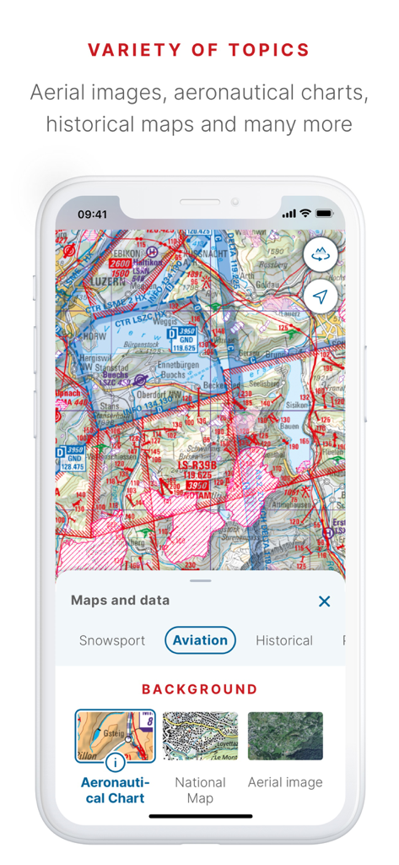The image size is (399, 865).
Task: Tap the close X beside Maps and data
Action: [324, 601]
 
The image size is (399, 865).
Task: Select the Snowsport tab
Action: [112, 640]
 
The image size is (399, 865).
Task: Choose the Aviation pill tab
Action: [200, 640]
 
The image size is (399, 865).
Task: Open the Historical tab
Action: [284, 640]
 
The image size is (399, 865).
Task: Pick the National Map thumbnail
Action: [200, 736]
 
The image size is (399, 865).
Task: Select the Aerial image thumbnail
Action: [285, 736]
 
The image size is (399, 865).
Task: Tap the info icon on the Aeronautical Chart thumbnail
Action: [115, 762]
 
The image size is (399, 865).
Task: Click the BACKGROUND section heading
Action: [200, 689]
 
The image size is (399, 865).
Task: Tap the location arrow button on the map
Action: [321, 296]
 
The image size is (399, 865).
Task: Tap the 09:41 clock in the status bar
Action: [92, 215]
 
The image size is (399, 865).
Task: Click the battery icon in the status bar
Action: [324, 215]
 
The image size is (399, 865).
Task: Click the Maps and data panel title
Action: [120, 601]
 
